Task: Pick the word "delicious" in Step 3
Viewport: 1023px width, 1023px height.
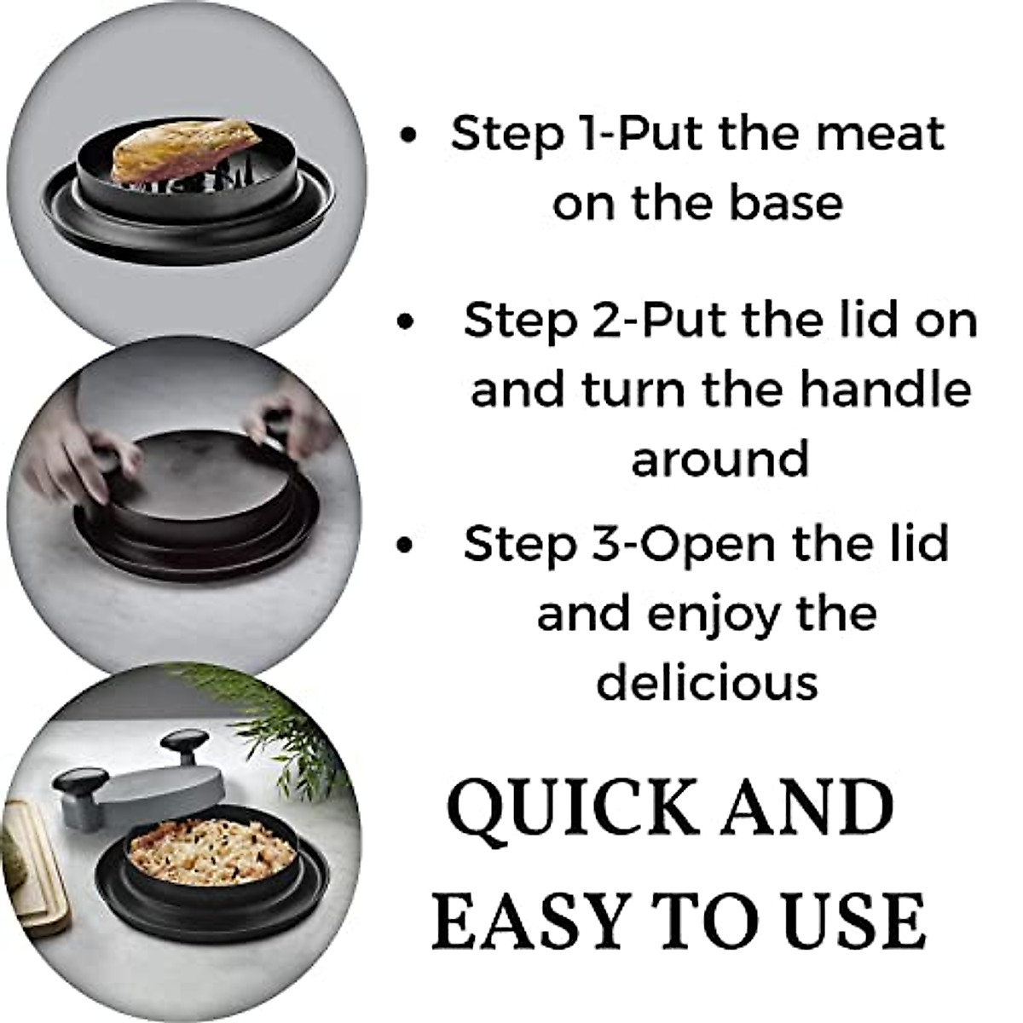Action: click(x=708, y=682)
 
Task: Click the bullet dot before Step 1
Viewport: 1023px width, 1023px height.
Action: click(x=412, y=136)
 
